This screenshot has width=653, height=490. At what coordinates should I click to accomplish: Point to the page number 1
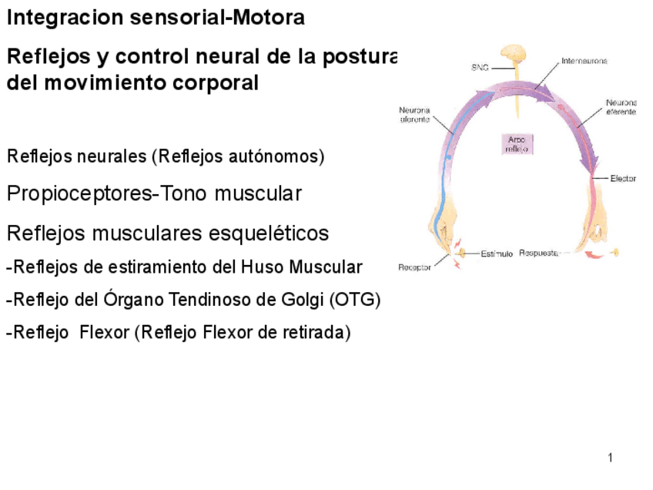610,459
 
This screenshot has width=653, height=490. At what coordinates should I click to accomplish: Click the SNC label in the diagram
479,68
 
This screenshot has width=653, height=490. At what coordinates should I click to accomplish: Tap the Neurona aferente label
415,114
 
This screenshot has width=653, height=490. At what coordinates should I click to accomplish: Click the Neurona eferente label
621,107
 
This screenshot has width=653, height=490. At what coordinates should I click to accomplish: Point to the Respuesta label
538,252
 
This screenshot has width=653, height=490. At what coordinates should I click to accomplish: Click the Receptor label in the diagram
414,267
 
